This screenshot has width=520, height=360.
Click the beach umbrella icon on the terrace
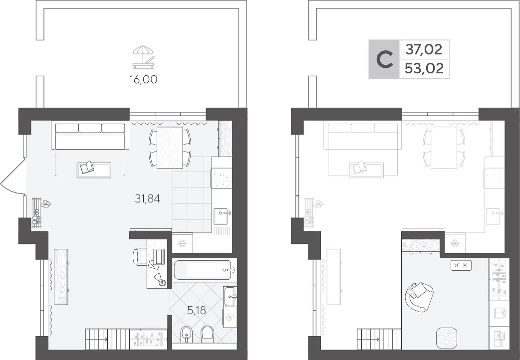(x=144, y=57)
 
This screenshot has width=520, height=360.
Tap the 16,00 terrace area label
(x=144, y=80)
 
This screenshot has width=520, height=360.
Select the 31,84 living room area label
(x=148, y=198)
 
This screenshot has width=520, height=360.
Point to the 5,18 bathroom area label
(x=196, y=310)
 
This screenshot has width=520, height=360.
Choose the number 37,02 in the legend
(x=424, y=50)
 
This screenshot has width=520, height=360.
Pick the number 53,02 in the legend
(x=424, y=69)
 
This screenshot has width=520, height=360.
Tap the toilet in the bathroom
(x=208, y=334)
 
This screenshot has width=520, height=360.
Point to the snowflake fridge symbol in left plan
(x=182, y=244)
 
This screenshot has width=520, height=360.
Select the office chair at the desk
(x=139, y=257)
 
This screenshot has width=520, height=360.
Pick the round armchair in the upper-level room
(x=419, y=297)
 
